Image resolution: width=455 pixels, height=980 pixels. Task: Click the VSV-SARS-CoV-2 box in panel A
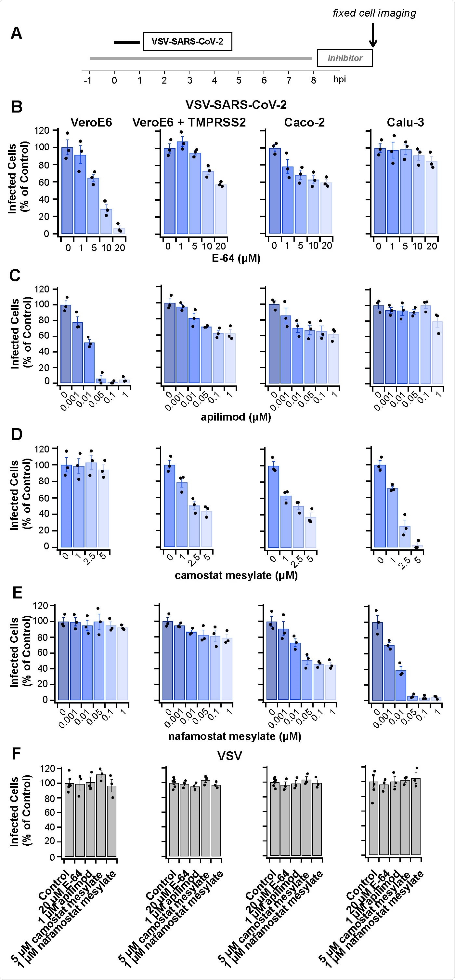coord(188,41)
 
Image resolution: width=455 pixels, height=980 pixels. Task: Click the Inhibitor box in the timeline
coord(345,58)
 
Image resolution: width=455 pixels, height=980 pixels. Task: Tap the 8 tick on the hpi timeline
coord(313,80)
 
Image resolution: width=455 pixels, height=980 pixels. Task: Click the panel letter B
coord(16,107)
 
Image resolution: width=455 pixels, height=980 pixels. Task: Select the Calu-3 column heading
coord(405,123)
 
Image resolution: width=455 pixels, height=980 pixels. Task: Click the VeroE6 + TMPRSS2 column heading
coord(189,123)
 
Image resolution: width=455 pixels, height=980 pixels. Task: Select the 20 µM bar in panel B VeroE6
coord(119,231)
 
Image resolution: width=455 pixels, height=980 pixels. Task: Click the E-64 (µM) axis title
coord(236,259)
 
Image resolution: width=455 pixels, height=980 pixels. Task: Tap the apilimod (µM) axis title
coord(236,417)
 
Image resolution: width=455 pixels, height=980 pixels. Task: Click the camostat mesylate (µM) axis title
coord(236,575)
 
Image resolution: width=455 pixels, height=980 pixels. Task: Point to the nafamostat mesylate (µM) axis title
coord(235,736)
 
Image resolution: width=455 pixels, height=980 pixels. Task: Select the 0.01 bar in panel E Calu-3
coord(401,686)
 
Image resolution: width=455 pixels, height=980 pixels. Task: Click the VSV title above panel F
coord(229,756)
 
